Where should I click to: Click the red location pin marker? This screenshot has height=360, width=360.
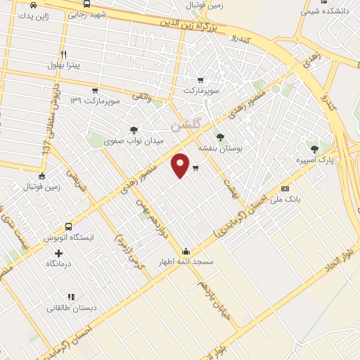click(x=181, y=165)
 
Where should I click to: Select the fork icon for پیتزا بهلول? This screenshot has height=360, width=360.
click(x=64, y=54)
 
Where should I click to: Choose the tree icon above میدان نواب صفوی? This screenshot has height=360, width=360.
click(x=134, y=130)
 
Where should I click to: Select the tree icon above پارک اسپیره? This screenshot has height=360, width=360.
click(x=314, y=148)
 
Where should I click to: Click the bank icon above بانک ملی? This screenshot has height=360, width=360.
click(x=284, y=188)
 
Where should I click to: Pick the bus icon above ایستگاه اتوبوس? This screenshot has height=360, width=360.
click(x=69, y=226)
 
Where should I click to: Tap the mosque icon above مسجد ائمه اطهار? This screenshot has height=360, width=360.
click(x=186, y=251)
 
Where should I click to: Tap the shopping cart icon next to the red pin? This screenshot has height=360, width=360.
click(x=195, y=167)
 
